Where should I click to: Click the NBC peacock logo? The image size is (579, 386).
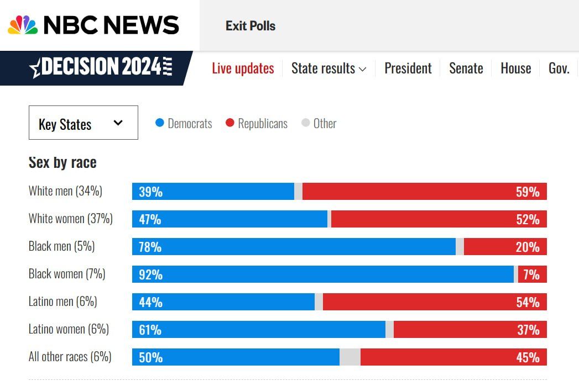click(23, 25)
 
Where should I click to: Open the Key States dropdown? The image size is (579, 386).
click(83, 123)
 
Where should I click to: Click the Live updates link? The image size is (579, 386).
click(243, 68)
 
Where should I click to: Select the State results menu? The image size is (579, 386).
click(328, 68)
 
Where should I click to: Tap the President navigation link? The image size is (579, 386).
click(408, 68)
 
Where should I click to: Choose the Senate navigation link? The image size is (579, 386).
click(466, 68)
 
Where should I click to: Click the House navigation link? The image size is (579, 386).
click(515, 68)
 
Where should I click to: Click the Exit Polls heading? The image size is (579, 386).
click(251, 26)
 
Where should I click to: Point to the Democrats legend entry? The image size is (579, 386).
click(184, 123)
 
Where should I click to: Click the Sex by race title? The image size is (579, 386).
click(62, 162)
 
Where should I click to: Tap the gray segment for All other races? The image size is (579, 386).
click(350, 357)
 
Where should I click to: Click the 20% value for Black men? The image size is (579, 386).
click(527, 247)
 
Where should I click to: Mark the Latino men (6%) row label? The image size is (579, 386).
click(62, 302)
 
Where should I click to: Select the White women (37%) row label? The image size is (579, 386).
click(70, 219)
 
